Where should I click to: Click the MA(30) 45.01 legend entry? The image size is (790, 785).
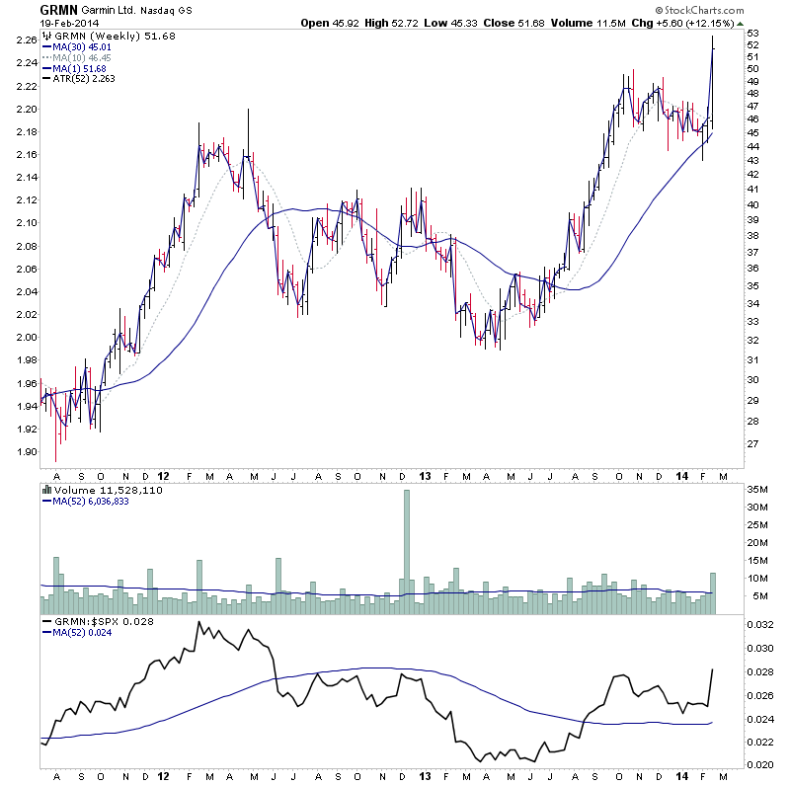85,46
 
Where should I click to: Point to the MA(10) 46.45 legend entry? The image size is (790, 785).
85,57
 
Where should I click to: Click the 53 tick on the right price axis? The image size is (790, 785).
752,35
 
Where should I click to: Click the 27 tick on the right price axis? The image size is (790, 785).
752,444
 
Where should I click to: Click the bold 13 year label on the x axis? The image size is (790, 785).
425,475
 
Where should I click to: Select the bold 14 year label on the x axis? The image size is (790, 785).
682,475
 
